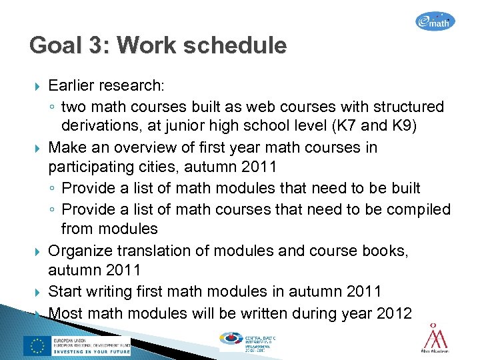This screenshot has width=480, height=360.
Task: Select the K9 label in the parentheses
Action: click(x=402, y=127)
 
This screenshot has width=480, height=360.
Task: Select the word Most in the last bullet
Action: click(x=65, y=312)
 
